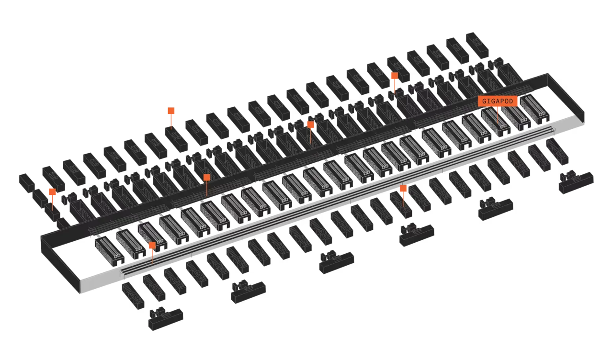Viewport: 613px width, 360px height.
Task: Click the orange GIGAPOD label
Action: point(498,101)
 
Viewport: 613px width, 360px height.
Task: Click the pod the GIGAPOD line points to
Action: point(496,122)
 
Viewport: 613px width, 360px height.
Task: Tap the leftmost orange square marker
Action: point(52,192)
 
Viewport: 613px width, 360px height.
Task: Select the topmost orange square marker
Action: point(394,76)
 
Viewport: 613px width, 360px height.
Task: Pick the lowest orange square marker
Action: point(152,246)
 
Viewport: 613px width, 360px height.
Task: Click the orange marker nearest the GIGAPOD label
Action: point(394,76)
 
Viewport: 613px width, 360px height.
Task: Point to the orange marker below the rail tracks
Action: point(403,188)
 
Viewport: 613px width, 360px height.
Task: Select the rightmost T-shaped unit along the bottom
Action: point(576,182)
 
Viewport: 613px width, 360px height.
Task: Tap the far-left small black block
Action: point(27,183)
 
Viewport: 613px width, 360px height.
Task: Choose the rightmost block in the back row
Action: point(477,45)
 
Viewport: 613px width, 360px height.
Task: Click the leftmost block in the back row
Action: point(53,179)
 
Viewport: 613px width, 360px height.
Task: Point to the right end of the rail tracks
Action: point(553,130)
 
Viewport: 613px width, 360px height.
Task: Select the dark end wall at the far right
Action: point(566,97)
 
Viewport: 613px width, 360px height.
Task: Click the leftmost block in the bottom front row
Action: point(133,296)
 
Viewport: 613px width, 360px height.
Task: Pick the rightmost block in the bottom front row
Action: point(557,152)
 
